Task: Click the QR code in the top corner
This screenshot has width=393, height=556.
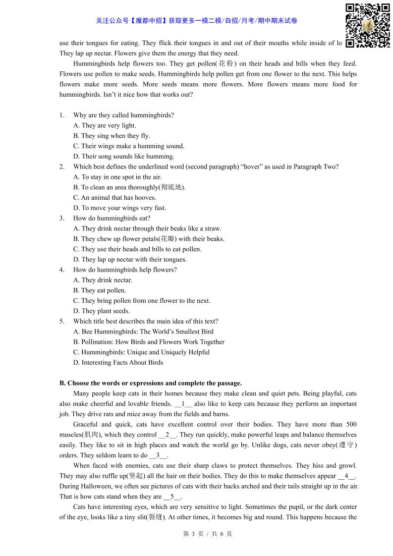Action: (x=367, y=25)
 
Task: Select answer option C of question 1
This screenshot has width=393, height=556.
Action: (x=128, y=146)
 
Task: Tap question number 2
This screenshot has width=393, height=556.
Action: (x=62, y=167)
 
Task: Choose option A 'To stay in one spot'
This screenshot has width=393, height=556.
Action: (x=117, y=177)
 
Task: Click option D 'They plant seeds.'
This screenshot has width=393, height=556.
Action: (x=102, y=311)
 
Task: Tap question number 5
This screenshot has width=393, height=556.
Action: (x=62, y=322)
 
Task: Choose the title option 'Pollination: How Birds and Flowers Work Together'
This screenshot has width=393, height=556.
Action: (x=149, y=342)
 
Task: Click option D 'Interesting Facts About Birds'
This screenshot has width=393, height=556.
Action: (x=118, y=363)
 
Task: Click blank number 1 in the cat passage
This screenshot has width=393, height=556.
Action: (x=183, y=404)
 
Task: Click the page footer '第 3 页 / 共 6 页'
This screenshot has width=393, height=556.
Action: (x=208, y=534)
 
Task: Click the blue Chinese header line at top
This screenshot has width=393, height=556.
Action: (x=197, y=21)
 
